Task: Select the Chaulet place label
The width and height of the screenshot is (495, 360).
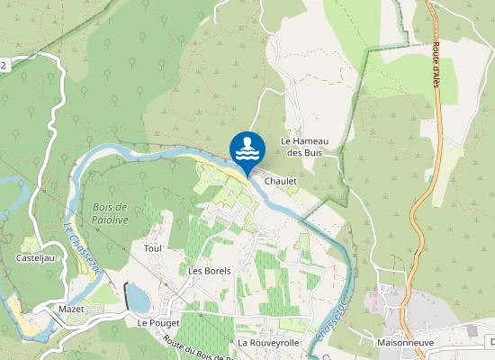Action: pyautogui.click(x=281, y=181)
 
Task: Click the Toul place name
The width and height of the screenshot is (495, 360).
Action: pyautogui.click(x=151, y=247)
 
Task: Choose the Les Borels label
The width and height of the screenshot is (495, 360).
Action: pyautogui.click(x=210, y=270)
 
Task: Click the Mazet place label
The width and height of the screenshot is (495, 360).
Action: pyautogui.click(x=70, y=309)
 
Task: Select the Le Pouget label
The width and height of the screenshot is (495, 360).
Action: pyautogui.click(x=158, y=321)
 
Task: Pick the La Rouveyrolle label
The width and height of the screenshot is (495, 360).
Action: pyautogui.click(x=267, y=343)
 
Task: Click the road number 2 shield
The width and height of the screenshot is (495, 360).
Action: pyautogui.click(x=4, y=65)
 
